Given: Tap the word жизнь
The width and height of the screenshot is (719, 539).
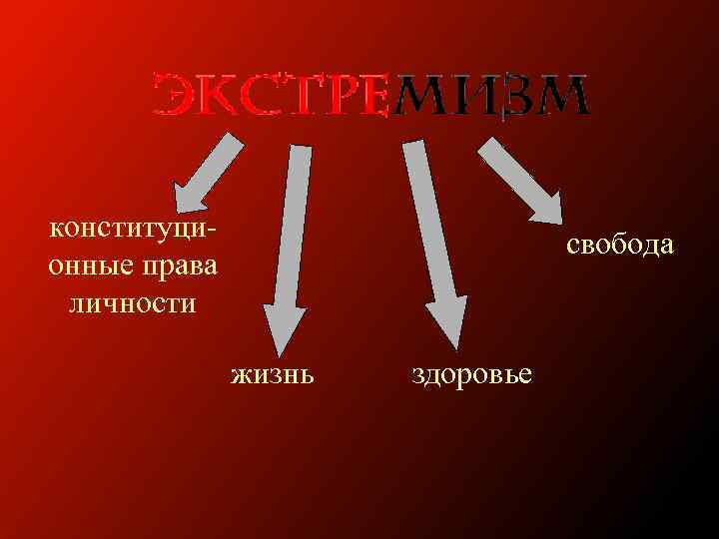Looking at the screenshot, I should point(273,374).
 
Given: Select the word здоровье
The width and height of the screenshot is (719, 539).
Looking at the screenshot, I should point(472,374).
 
